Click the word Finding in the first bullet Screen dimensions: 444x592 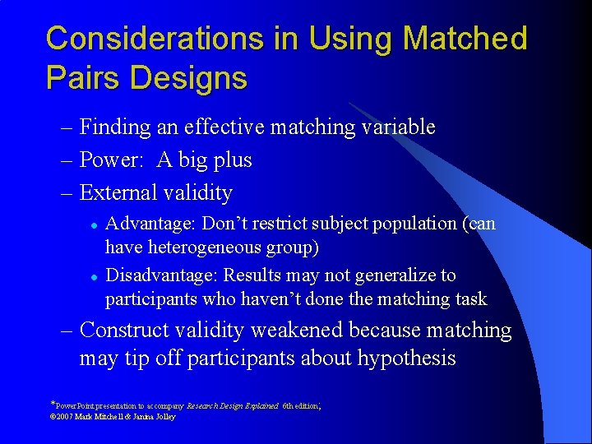(x=116, y=127)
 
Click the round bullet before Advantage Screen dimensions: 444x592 (x=95, y=224)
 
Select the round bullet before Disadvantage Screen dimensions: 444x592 (x=95, y=276)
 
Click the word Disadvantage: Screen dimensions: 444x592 (x=161, y=275)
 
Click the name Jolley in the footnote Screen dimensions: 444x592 (x=164, y=417)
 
